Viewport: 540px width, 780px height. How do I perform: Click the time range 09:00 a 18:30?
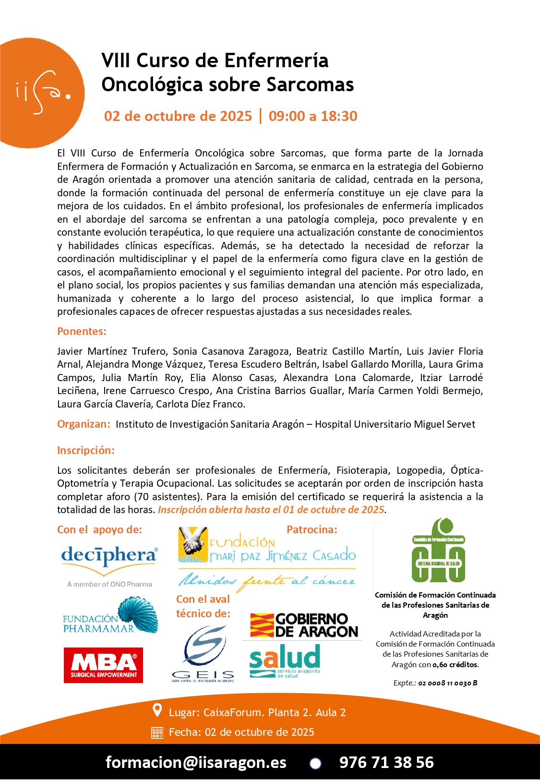[x=313, y=116]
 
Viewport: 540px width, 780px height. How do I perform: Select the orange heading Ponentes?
[x=82, y=331]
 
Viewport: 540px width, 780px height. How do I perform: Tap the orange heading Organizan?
[x=84, y=424]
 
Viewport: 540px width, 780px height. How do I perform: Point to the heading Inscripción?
[x=86, y=450]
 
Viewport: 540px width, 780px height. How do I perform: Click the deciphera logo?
[x=109, y=557]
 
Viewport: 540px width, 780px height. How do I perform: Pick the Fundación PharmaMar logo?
[x=110, y=616]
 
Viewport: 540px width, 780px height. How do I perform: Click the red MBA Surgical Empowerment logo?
[x=103, y=665]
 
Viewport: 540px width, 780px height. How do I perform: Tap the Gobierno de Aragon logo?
[x=304, y=625]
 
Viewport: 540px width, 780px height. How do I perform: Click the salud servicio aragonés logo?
[x=285, y=660]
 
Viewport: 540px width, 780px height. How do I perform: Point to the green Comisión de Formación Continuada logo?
[x=438, y=551]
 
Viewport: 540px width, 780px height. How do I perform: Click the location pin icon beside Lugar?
[x=157, y=710]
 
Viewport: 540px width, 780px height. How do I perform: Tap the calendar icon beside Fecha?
[x=157, y=732]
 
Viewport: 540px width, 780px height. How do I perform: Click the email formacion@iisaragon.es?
[x=196, y=762]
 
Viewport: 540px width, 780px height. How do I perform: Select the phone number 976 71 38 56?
[x=386, y=762]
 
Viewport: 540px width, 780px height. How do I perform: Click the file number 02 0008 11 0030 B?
[x=447, y=683]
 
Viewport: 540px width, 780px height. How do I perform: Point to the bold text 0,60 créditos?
[x=455, y=665]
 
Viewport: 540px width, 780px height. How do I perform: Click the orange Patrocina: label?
[x=312, y=529]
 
